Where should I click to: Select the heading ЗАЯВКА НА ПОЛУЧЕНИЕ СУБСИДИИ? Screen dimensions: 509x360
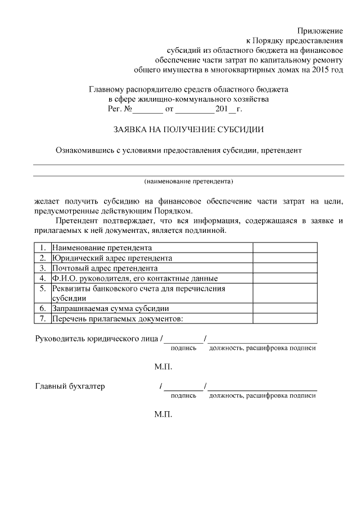(188, 129)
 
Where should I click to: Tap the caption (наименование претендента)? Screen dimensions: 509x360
(188, 182)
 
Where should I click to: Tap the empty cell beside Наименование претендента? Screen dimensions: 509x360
(285, 247)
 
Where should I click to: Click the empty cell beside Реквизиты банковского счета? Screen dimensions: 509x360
(285, 293)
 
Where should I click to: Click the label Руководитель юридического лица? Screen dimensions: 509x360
(96, 339)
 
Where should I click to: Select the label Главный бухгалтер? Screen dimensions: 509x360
(70, 386)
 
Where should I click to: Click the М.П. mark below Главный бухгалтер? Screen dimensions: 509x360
(163, 415)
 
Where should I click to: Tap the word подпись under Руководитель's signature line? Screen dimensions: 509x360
(183, 348)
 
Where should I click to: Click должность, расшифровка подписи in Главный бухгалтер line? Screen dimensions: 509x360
(262, 395)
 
